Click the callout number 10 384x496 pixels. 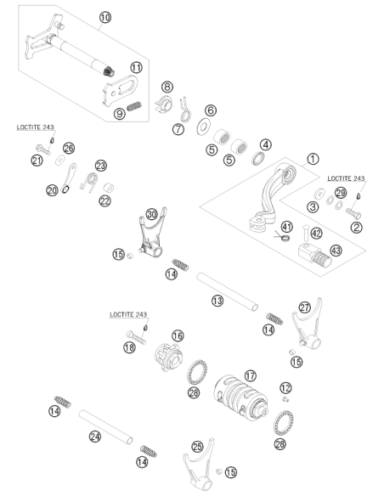[105, 17]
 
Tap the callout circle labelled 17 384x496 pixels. [251, 375]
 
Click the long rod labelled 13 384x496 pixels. [227, 291]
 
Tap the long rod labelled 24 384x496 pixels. [105, 427]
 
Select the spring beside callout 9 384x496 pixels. [134, 105]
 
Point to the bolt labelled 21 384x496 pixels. [43, 149]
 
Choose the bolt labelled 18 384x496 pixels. [136, 337]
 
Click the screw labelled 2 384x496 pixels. [353, 213]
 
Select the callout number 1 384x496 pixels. [313, 159]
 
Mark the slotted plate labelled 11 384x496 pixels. [121, 89]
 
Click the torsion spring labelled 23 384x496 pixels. [90, 183]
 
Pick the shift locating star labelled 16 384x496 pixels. [168, 358]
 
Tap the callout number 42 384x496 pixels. [316, 233]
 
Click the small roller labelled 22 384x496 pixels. [108, 188]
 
